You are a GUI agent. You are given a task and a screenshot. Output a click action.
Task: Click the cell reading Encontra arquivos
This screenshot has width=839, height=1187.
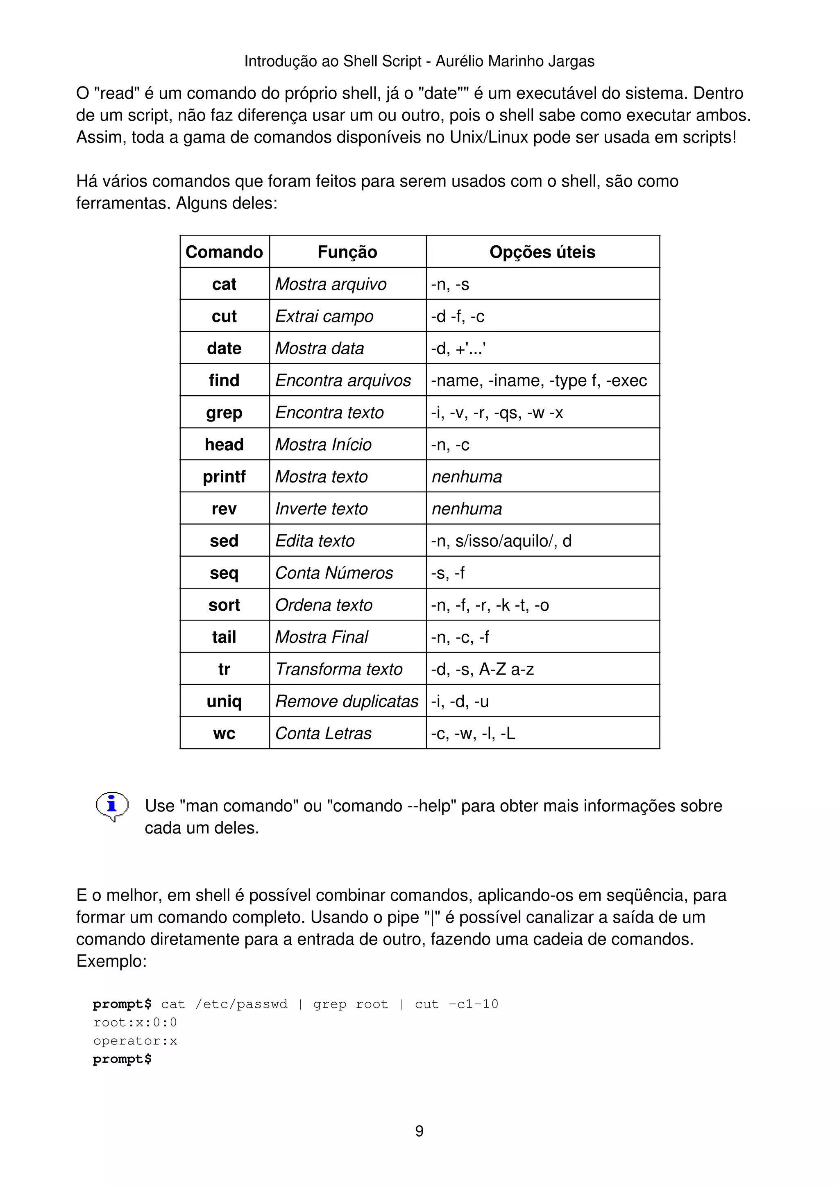343,381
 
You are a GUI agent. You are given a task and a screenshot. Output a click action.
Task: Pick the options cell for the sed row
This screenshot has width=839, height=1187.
501,541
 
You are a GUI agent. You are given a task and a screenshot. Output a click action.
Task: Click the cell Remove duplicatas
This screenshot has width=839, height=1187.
346,701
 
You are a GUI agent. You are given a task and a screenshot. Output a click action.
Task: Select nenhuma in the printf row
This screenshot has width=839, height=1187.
466,477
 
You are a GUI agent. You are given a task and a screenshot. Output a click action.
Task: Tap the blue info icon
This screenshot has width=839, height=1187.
112,805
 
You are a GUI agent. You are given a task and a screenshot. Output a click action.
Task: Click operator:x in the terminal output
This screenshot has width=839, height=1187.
135,1041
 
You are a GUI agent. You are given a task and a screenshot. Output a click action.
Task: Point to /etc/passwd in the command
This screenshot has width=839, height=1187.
241,1004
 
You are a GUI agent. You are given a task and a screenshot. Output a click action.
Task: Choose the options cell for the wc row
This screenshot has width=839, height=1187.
473,733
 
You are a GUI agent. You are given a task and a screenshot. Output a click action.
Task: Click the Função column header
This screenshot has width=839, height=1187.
347,252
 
